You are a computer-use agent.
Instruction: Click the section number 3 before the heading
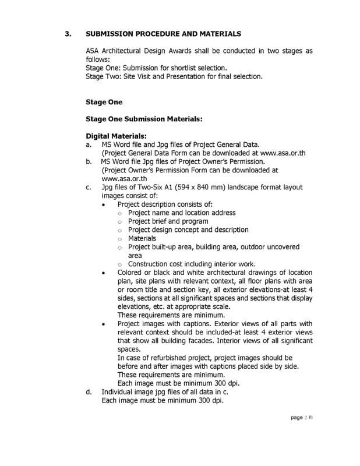coord(68,34)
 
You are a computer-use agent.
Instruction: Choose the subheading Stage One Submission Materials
coord(144,119)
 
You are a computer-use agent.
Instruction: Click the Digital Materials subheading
coord(115,136)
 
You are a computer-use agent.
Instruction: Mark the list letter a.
coord(88,144)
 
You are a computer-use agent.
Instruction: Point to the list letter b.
coord(88,161)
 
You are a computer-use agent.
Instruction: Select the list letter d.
coord(88,392)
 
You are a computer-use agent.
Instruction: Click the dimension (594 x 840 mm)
coord(198,187)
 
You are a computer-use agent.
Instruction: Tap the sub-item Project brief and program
coord(168,221)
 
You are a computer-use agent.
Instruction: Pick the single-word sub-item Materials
coord(142,238)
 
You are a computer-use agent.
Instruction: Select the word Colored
coord(130,273)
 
